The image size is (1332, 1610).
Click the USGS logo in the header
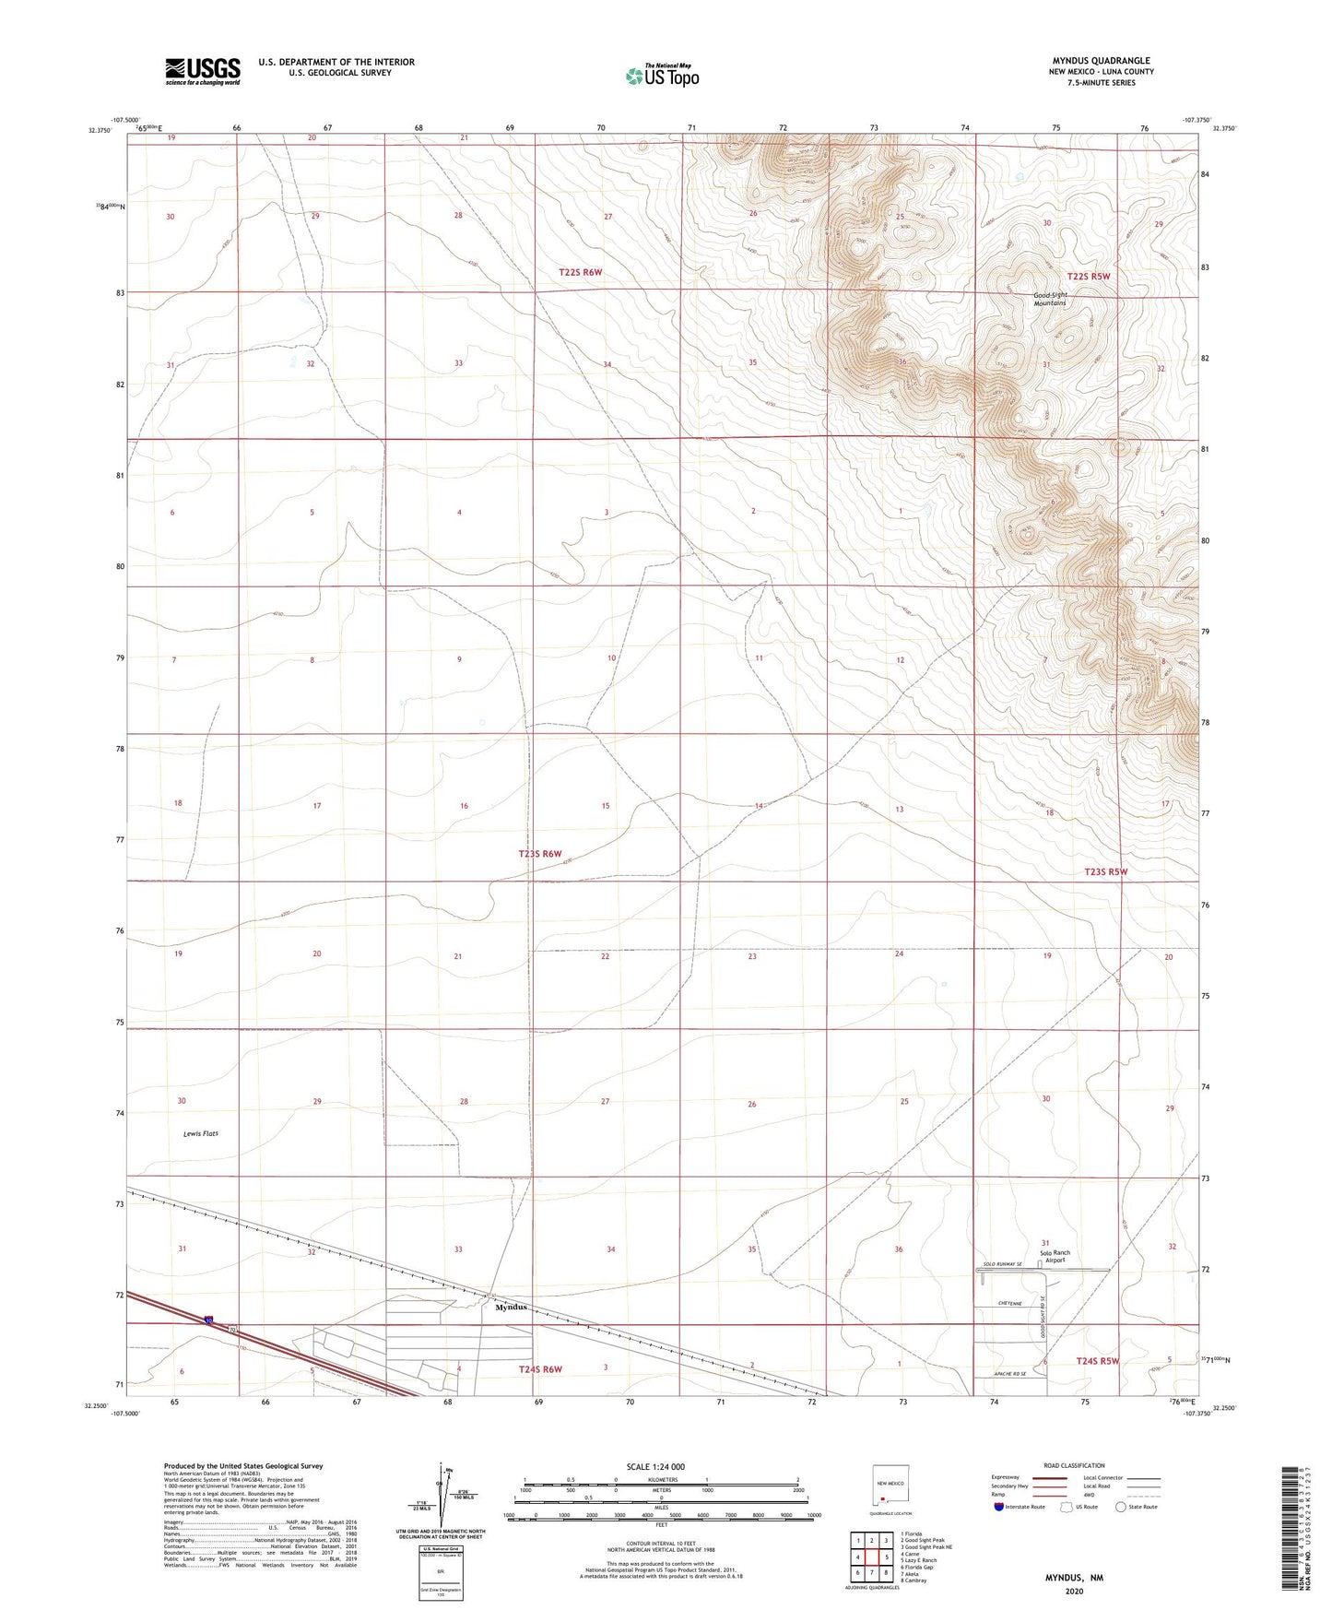(203, 70)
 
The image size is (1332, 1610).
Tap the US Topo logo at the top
(662, 76)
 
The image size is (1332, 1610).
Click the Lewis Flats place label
(201, 1133)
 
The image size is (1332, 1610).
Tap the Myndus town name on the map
(512, 1307)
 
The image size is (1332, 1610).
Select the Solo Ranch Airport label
(1055, 1256)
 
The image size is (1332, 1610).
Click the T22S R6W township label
(580, 272)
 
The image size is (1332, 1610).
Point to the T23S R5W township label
(1105, 871)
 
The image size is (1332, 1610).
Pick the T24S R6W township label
(540, 1369)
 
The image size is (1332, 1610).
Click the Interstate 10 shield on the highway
(209, 1321)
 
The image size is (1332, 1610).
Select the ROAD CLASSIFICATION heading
(1074, 1465)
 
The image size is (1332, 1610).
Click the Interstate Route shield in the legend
(1000, 1507)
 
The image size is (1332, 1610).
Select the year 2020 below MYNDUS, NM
(1073, 1592)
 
